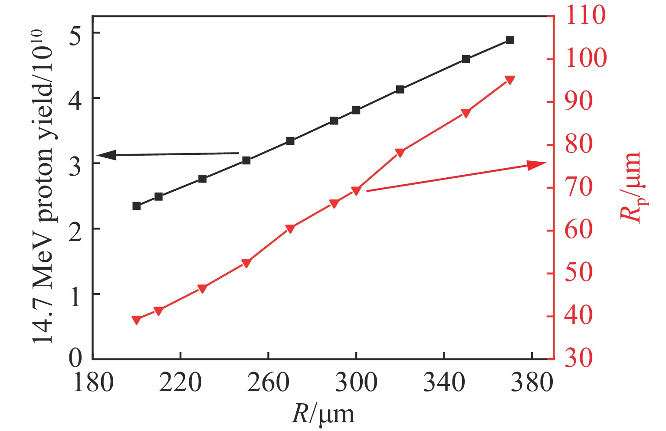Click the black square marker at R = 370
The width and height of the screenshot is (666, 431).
510,40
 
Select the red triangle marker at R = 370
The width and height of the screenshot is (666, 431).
510,80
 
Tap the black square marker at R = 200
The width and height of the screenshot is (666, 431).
136,206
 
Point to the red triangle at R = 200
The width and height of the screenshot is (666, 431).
136,320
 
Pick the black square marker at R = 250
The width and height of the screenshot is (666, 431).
246,160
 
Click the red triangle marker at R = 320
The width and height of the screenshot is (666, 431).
400,152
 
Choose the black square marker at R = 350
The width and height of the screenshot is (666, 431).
466,59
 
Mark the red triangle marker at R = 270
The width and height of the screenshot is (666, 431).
290,229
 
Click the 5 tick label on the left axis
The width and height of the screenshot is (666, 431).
75,33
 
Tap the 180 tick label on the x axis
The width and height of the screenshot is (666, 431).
93,383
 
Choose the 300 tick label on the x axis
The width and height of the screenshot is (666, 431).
356,383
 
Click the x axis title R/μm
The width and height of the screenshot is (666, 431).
323,415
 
